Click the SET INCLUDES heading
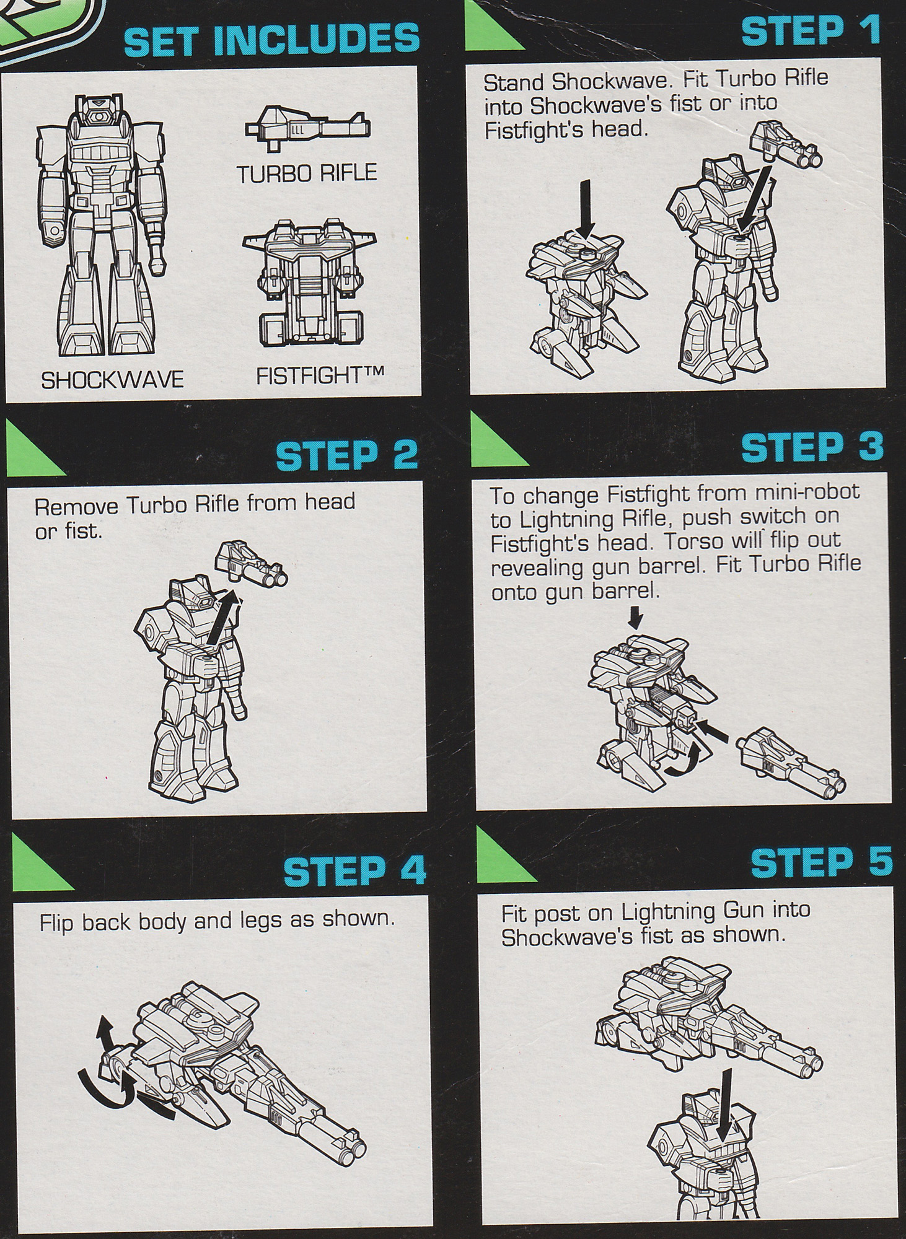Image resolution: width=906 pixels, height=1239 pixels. [x=271, y=38]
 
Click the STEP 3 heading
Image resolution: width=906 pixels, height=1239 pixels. [x=812, y=447]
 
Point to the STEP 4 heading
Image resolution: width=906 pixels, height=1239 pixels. [x=354, y=871]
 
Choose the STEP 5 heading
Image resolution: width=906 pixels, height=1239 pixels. [x=820, y=862]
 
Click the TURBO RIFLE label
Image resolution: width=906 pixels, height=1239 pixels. [x=306, y=173]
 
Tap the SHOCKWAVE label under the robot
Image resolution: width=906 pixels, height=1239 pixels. [x=112, y=379]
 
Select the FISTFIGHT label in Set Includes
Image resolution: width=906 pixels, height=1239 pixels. [x=320, y=375]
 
